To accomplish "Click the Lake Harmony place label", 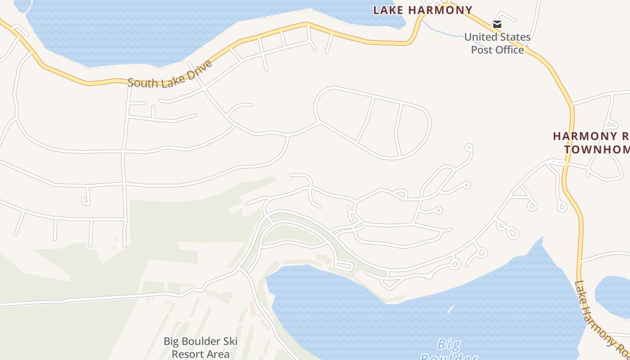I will click(x=423, y=10).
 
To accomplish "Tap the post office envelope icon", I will click(x=497, y=24).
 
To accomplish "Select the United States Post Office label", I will click(x=497, y=43).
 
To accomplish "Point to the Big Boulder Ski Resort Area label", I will click(x=200, y=347).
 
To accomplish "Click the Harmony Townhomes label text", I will click(x=592, y=143).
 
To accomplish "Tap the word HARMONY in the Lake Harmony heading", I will click(x=444, y=10).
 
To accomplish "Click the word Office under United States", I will click(x=510, y=49).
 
